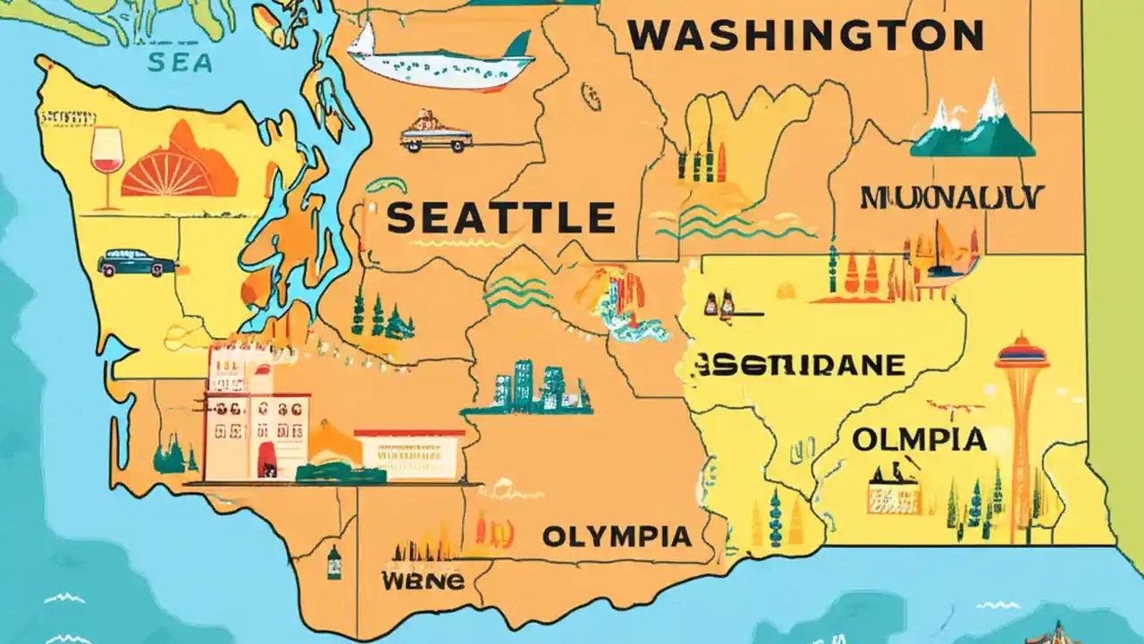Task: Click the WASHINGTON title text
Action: point(804,36)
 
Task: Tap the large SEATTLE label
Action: point(501,218)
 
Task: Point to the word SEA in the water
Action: point(181,62)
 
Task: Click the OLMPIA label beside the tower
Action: point(918,439)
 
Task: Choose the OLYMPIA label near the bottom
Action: point(617,537)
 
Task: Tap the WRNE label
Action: point(423,580)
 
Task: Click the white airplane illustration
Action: point(438,58)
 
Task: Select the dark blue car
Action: point(137,263)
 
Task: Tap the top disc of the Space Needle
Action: point(1022,350)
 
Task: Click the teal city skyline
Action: point(527,389)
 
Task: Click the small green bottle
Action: point(333,563)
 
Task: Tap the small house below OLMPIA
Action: point(892,492)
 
